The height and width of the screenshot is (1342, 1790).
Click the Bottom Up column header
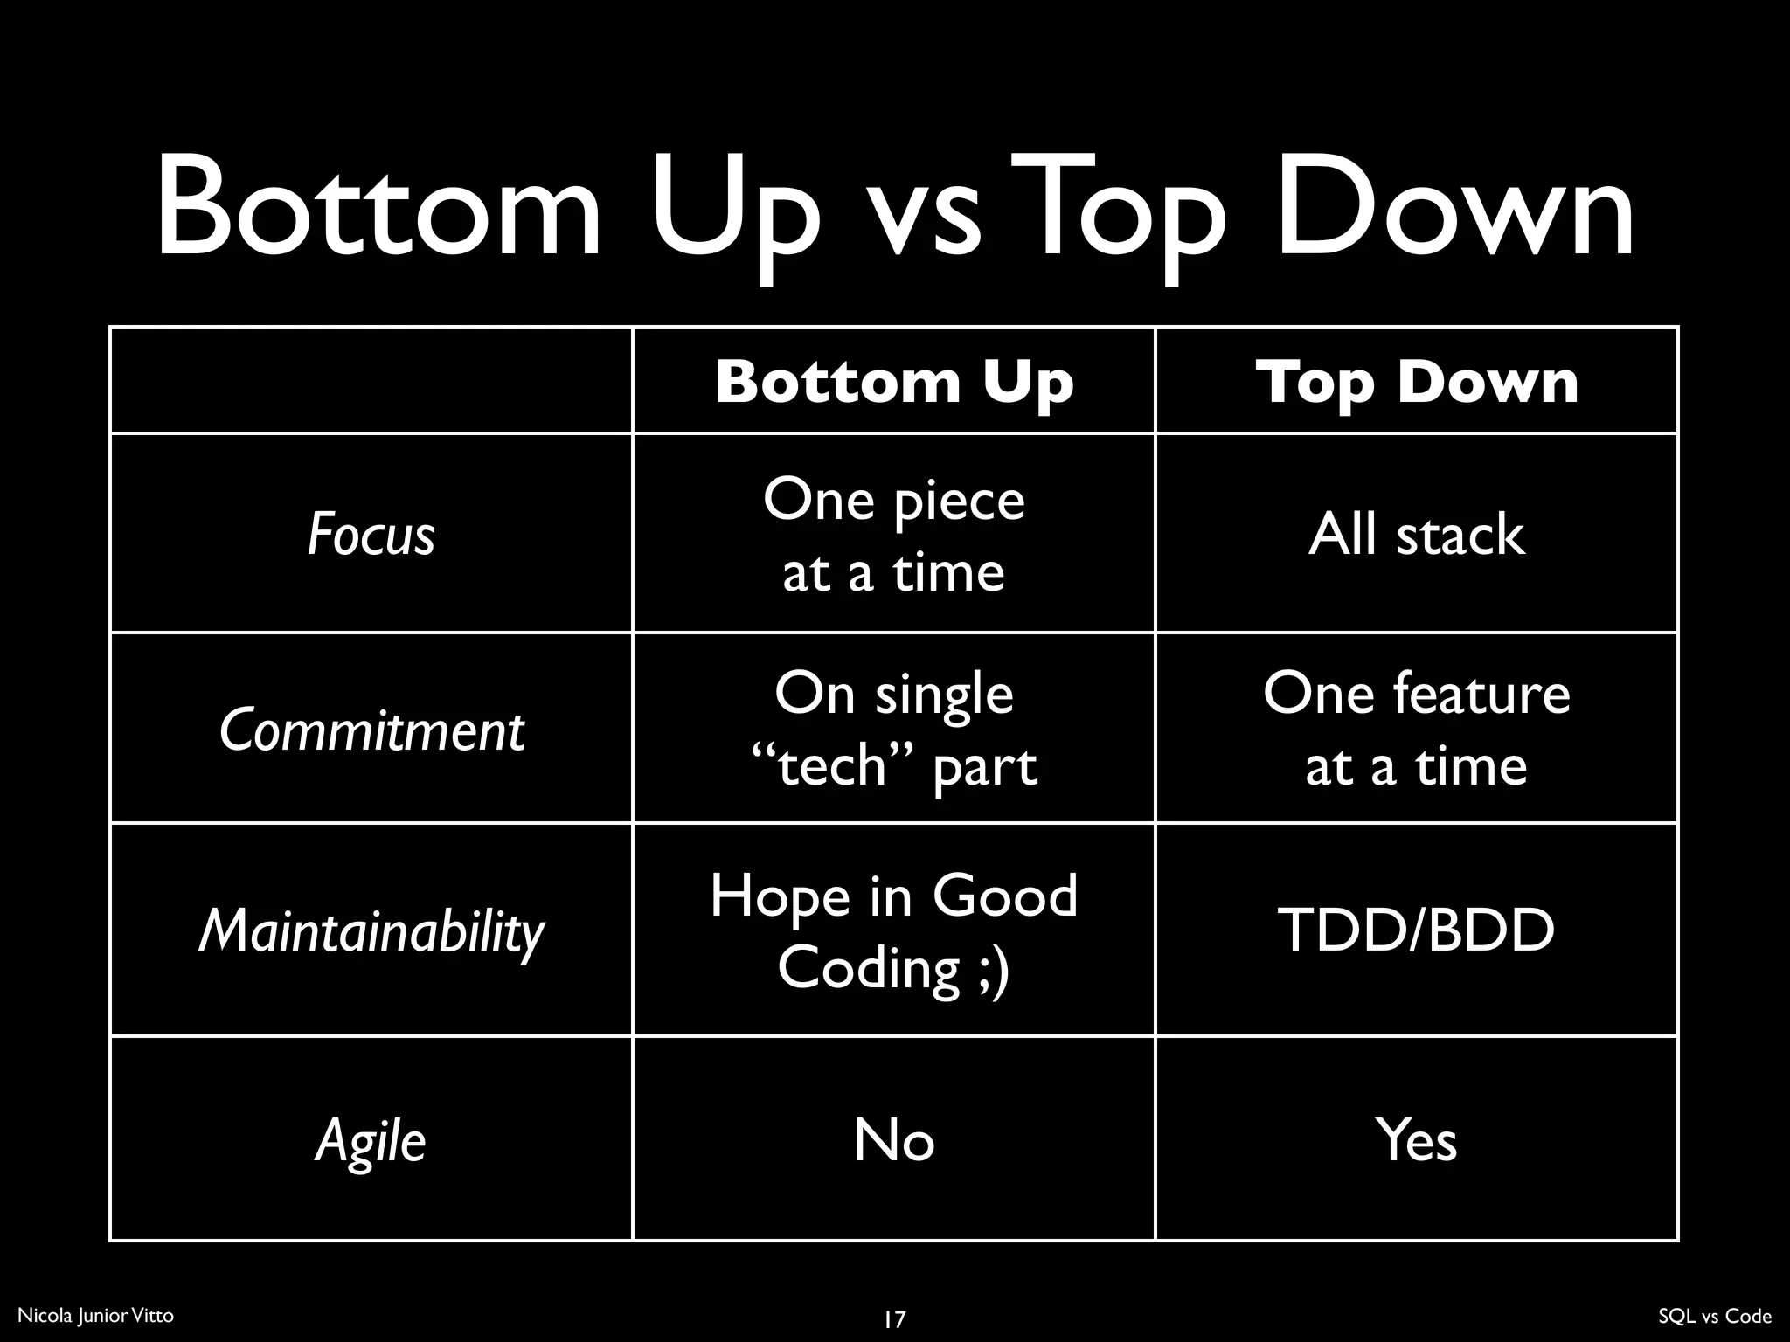click(x=893, y=382)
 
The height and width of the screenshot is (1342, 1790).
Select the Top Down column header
click(x=1417, y=382)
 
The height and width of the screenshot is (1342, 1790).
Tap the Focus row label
click(x=371, y=534)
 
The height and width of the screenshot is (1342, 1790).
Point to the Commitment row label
click(x=371, y=730)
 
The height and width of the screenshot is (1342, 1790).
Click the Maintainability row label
click(x=371, y=930)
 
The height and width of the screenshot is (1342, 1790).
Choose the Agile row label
click(x=371, y=1140)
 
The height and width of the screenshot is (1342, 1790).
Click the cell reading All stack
click(x=1417, y=534)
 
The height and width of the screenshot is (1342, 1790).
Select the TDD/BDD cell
click(x=1417, y=930)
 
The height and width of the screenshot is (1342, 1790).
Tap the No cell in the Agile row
click(x=893, y=1140)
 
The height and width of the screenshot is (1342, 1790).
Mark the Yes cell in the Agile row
click(x=1417, y=1140)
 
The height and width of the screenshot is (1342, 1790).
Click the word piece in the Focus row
click(x=959, y=502)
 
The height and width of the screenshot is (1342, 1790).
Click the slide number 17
click(x=894, y=1318)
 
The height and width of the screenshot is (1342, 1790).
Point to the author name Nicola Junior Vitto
click(x=95, y=1315)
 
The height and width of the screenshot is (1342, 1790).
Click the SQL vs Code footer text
click(x=1714, y=1316)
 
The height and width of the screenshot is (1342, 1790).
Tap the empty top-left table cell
click(x=371, y=380)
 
